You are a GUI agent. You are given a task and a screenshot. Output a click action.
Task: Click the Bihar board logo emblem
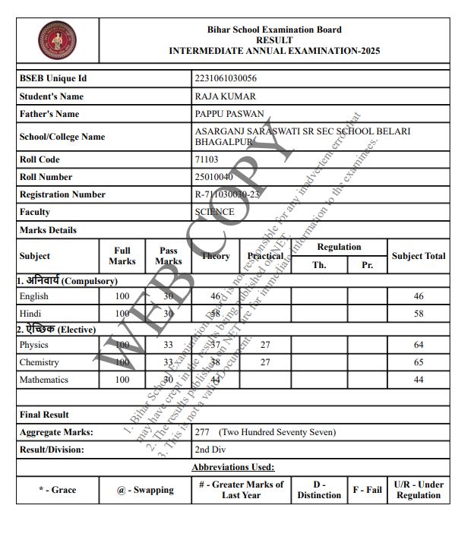pyautogui.click(x=58, y=41)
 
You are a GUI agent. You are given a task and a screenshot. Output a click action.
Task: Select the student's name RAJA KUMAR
pyautogui.click(x=225, y=96)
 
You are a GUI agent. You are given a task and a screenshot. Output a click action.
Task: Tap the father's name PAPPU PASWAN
pyautogui.click(x=229, y=114)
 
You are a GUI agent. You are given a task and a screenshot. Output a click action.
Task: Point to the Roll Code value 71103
pyautogui.click(x=207, y=159)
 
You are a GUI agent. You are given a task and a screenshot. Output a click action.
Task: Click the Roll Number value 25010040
pyautogui.click(x=213, y=177)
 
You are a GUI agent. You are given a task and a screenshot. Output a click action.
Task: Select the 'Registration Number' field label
pyautogui.click(x=62, y=194)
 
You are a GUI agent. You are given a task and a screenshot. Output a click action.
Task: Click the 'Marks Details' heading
pyautogui.click(x=48, y=230)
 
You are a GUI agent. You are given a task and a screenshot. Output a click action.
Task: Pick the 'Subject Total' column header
pyautogui.click(x=419, y=256)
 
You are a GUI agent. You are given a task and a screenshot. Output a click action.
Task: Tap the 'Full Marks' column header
pyautogui.click(x=122, y=256)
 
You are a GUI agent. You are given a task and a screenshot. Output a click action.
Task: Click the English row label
pyautogui.click(x=33, y=296)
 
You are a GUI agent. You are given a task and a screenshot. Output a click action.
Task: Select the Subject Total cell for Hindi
pyautogui.click(x=419, y=314)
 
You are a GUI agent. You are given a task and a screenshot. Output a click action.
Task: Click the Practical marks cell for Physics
pyautogui.click(x=265, y=346)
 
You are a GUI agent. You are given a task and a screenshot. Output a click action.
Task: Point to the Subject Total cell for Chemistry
pyautogui.click(x=419, y=363)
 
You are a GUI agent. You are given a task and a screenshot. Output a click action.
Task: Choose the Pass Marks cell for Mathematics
pyautogui.click(x=168, y=380)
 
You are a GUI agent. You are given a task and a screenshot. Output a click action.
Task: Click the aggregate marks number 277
pyautogui.click(x=202, y=432)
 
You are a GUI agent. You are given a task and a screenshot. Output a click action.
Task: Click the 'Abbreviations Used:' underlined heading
pyautogui.click(x=232, y=467)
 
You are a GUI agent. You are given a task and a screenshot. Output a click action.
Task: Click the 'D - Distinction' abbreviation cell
pyautogui.click(x=319, y=490)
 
